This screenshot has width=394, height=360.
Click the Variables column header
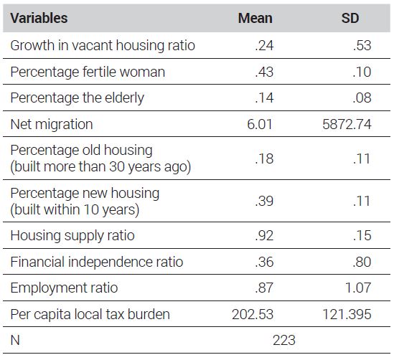tap(39, 19)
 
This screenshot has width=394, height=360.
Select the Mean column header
tap(255, 19)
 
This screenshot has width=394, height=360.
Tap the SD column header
tap(350, 19)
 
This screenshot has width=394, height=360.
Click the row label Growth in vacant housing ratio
tap(103, 46)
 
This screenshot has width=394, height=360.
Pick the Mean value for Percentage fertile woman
tap(264, 72)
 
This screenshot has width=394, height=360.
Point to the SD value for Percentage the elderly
tap(362, 98)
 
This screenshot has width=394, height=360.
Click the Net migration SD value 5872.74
tap(347, 124)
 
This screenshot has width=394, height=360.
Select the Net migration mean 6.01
tap(260, 124)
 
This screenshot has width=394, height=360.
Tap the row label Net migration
tap(52, 124)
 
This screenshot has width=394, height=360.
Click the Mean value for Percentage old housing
tap(264, 158)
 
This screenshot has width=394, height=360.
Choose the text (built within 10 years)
tap(75, 209)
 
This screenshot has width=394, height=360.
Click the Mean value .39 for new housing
tap(264, 201)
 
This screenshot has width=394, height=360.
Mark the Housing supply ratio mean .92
tap(264, 235)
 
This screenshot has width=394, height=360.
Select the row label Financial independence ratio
tap(97, 262)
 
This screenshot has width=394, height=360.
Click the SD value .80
tap(362, 262)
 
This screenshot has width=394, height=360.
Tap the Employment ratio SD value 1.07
tap(358, 288)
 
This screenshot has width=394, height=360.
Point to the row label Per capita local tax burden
tap(90, 314)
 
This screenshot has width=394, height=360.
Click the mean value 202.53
tap(253, 314)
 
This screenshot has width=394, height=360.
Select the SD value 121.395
tap(347, 314)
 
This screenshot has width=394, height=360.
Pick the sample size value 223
tap(284, 341)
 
